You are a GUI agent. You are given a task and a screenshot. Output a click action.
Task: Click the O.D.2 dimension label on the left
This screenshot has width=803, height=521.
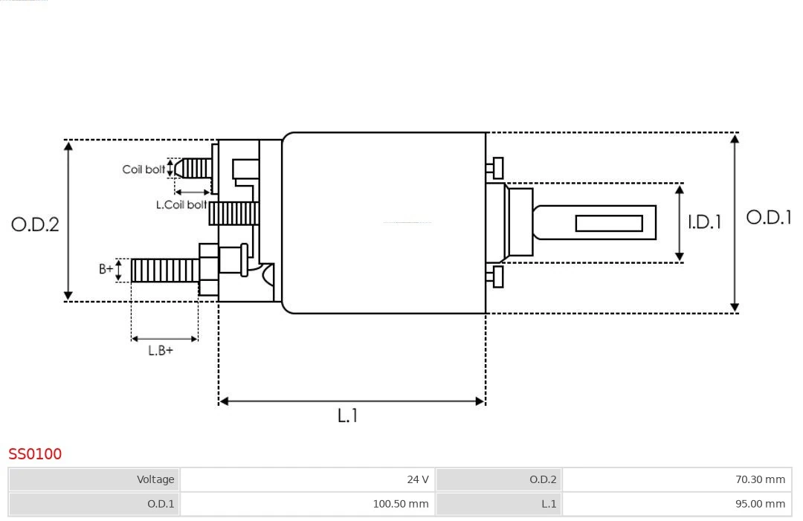35,224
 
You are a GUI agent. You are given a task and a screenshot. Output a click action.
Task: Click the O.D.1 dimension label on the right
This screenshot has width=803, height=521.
768,217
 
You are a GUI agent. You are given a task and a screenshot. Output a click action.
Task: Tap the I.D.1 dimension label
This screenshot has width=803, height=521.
703,222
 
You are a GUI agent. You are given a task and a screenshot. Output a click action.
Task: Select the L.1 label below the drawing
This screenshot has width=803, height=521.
347,416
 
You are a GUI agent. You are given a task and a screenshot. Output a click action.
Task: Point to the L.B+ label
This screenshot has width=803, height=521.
160,351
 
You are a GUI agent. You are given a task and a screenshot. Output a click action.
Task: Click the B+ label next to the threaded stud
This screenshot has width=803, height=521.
106,269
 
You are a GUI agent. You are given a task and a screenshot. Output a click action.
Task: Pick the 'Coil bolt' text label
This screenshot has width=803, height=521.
143,169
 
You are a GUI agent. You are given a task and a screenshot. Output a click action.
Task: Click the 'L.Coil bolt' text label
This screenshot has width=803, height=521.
181,204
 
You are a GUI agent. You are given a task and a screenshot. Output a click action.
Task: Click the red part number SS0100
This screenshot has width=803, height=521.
35,454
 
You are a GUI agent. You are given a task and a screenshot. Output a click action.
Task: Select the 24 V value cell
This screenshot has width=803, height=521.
307,479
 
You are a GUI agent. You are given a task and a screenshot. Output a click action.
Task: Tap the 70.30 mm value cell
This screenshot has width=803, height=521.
677,479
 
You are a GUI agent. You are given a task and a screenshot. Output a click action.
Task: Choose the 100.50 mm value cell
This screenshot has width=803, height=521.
307,504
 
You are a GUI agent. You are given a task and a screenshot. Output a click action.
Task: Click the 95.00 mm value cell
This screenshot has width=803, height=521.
677,504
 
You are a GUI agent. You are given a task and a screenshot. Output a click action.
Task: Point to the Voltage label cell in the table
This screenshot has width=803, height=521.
94,479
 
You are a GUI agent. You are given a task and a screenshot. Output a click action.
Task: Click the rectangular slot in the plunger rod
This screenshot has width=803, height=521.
608,223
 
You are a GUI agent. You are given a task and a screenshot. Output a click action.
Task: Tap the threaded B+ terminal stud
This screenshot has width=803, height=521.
164,271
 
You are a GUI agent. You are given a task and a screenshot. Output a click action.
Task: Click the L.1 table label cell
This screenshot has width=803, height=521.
499,504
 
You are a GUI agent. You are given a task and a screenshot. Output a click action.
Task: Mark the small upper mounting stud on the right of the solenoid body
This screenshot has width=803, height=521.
497,168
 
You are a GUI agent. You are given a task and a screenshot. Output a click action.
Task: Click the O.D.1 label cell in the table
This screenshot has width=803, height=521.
94,504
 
